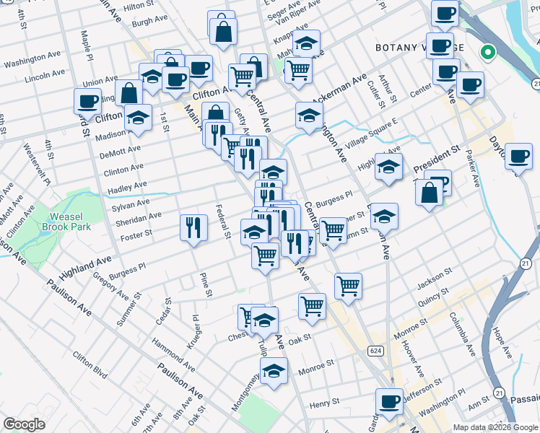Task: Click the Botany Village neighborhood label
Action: click(x=418, y=48)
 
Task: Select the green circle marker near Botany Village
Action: click(x=487, y=52)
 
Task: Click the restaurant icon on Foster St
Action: click(x=193, y=227)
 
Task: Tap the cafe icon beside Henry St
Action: click(x=389, y=401)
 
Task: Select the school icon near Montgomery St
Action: click(x=274, y=372)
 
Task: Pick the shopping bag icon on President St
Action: click(x=429, y=193)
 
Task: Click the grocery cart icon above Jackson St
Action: click(x=348, y=286)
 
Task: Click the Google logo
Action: click(x=24, y=424)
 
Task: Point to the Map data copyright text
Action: click(x=495, y=427)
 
